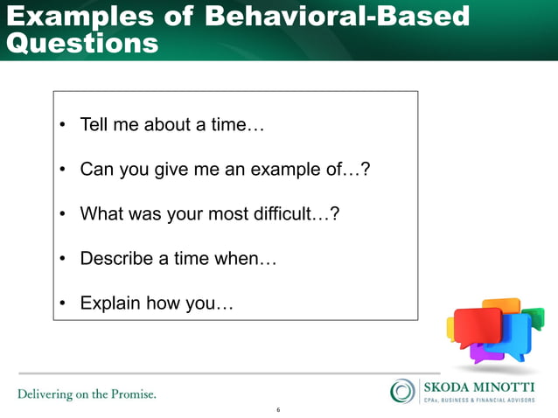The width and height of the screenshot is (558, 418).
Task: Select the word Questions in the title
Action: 82,43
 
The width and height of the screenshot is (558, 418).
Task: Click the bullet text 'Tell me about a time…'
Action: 171,124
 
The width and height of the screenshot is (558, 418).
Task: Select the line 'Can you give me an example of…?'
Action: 225,169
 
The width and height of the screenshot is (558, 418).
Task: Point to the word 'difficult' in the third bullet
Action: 287,214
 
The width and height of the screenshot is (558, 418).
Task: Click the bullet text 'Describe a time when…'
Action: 178,259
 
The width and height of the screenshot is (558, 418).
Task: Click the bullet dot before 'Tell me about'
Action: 64,125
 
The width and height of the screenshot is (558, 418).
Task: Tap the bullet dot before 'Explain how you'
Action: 64,305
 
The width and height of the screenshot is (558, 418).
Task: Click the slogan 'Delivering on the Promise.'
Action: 87,394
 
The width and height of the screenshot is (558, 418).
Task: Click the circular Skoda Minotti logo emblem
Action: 403,391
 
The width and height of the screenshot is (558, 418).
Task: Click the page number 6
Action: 278,409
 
